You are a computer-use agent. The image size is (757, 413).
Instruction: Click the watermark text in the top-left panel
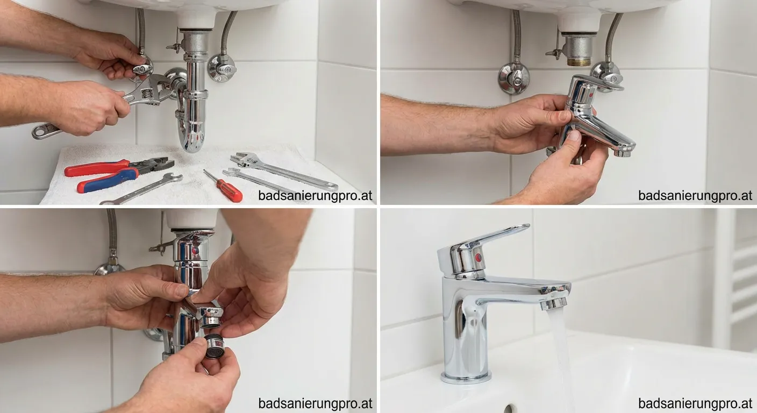315,195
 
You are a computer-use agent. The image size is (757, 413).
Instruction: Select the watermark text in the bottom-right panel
695,403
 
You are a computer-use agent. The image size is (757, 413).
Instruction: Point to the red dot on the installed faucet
478,258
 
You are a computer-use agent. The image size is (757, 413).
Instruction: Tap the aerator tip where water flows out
554,303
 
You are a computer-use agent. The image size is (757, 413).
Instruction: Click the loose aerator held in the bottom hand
213,346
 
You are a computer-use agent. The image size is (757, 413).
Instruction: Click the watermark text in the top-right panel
695,195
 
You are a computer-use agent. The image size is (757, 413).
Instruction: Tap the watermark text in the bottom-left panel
315,403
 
